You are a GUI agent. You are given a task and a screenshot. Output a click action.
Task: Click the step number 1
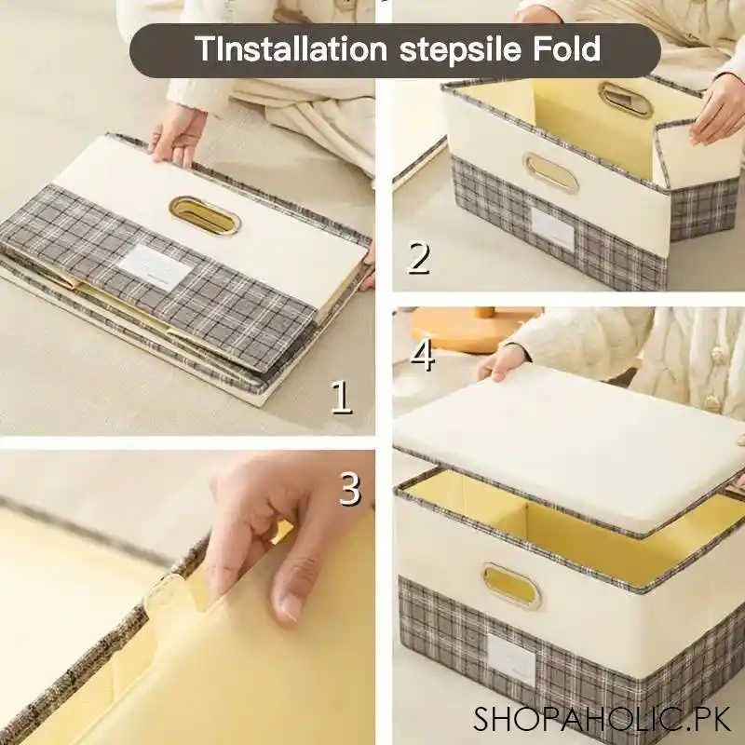(342, 398)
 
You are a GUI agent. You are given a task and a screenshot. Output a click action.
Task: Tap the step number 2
(418, 258)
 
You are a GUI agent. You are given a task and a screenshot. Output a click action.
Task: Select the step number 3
(349, 489)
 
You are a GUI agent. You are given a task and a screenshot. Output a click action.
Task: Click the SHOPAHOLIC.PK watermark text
(602, 719)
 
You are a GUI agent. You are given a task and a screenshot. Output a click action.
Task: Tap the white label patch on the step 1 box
(156, 264)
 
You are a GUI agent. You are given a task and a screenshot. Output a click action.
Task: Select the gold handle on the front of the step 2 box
(550, 173)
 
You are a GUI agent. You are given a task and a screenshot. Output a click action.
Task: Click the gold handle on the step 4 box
(511, 585)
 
